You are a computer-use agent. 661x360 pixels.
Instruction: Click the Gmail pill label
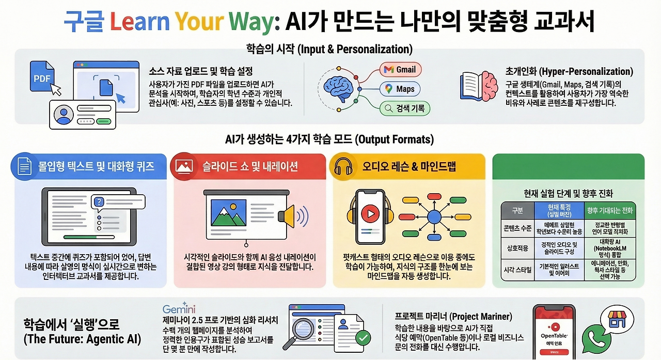(401, 70)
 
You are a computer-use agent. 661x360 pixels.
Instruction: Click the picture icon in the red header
(184, 166)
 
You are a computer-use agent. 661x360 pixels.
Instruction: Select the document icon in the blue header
(23, 166)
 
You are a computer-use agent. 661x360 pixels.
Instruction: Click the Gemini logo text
(179, 309)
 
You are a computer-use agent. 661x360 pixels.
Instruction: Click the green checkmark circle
(364, 338)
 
